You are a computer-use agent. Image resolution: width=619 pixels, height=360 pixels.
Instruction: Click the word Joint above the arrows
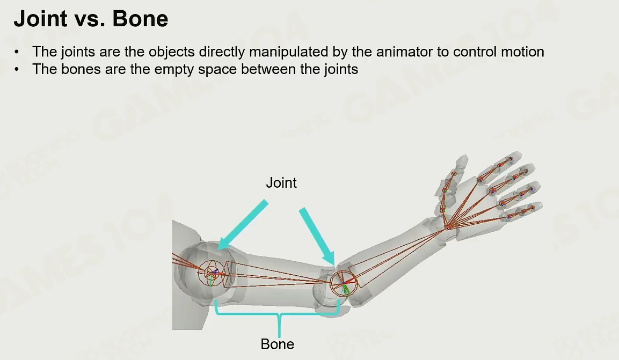click(x=281, y=183)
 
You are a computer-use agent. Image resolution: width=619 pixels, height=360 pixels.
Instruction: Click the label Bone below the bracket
click(x=278, y=343)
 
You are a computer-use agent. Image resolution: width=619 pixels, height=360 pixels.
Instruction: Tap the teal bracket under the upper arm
click(x=278, y=314)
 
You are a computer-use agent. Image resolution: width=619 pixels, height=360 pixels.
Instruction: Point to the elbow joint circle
click(x=342, y=282)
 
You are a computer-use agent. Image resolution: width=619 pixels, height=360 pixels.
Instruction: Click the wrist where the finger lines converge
click(x=447, y=227)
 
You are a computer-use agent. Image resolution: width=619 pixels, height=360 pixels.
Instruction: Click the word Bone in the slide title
click(x=141, y=19)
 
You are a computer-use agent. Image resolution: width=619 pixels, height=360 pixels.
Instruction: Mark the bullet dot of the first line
click(x=17, y=53)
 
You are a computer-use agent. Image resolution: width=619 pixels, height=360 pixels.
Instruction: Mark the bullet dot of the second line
click(x=17, y=70)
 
